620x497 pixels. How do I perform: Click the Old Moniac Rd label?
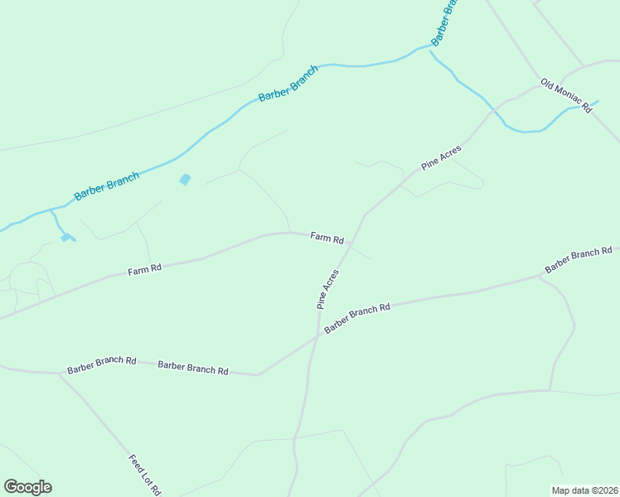point(568,95)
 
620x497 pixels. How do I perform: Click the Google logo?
point(27,487)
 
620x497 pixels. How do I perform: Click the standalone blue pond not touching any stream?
point(185,179)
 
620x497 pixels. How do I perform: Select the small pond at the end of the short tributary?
point(65,238)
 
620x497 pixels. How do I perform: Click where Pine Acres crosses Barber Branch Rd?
point(317,335)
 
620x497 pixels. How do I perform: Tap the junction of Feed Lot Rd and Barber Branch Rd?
point(60,374)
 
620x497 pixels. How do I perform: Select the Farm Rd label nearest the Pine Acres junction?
point(327,238)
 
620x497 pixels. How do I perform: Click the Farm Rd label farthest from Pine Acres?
point(144,270)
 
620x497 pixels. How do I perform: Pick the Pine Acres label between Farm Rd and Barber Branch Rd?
point(328,288)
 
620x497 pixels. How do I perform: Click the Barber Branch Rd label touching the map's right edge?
point(578,260)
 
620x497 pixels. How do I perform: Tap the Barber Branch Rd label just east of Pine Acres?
point(357,319)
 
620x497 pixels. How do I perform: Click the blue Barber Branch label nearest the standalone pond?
point(107,185)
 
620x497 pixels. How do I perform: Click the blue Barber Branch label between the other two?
point(288,84)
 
